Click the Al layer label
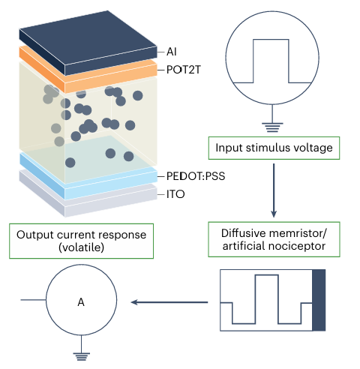point(172,52)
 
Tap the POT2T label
point(184,70)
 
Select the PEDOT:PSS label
point(196,176)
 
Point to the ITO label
point(175,194)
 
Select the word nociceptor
point(298,246)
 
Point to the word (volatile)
point(81,247)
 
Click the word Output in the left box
point(35,235)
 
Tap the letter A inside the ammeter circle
point(81,302)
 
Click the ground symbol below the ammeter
point(81,356)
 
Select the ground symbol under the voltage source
point(272,127)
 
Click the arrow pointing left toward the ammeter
point(169,302)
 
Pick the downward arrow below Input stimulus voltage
point(274,190)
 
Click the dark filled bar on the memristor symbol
point(319,300)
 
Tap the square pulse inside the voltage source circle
point(271,61)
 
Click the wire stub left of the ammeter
point(33,300)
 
